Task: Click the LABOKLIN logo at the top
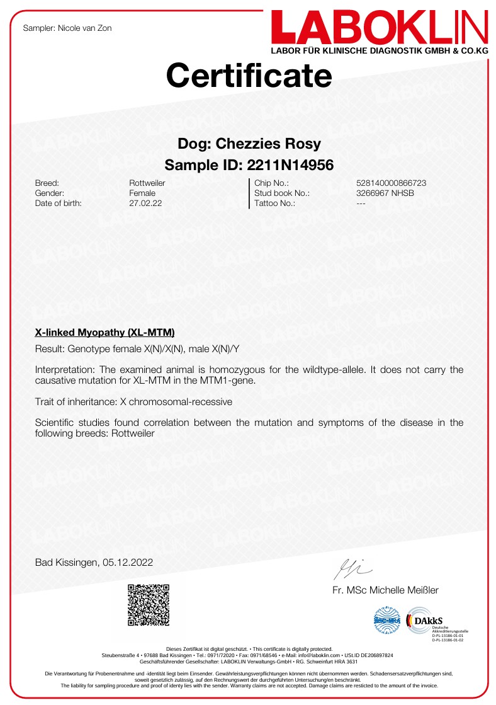380,28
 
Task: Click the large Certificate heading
249,76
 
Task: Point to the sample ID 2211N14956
290,165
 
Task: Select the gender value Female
142,193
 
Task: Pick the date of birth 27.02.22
144,203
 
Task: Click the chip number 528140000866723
391,183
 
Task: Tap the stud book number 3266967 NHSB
385,193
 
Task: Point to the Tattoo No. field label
275,203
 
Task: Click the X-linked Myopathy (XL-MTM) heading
104,332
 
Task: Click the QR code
149,605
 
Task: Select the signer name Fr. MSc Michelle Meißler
385,590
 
